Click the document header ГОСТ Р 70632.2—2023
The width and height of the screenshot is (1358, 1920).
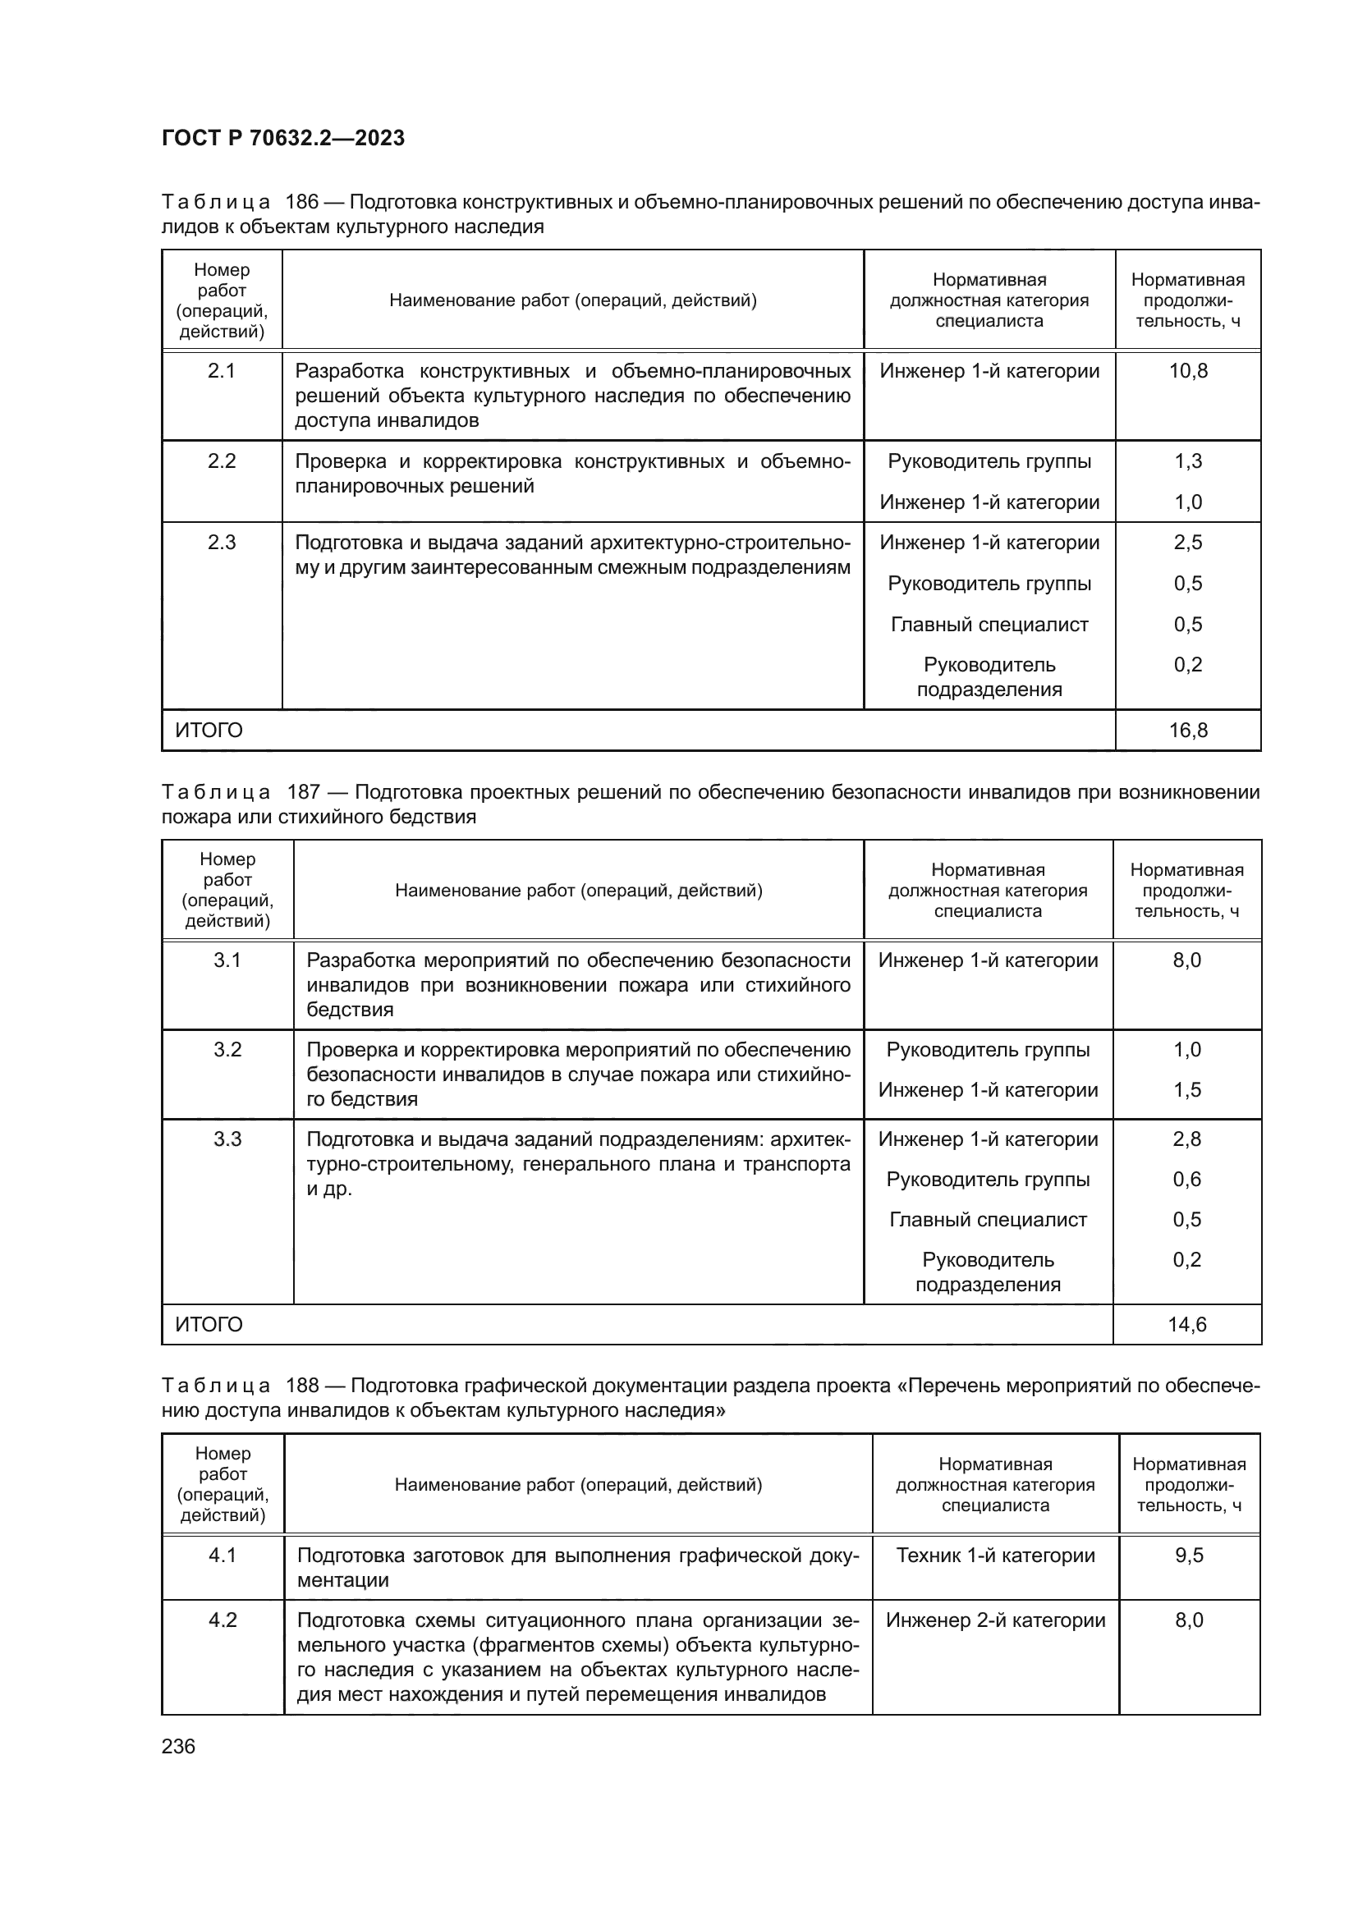pyautogui.click(x=282, y=138)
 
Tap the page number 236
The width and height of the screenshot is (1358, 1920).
pyautogui.click(x=178, y=1746)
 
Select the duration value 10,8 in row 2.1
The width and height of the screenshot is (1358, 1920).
pyautogui.click(x=1187, y=370)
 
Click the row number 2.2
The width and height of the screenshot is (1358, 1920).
pyautogui.click(x=222, y=461)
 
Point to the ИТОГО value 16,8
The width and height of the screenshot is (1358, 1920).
pyautogui.click(x=1187, y=730)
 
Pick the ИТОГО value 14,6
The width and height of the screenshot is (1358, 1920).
pyautogui.click(x=1186, y=1324)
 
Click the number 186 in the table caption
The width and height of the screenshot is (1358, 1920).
pyautogui.click(x=302, y=202)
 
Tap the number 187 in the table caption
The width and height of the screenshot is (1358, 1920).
pyautogui.click(x=304, y=791)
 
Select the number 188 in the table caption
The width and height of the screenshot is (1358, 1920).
pyautogui.click(x=302, y=1386)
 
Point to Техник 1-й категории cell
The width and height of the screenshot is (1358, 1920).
pyautogui.click(x=995, y=1555)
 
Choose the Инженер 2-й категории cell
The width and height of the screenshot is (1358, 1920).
pyautogui.click(x=995, y=1620)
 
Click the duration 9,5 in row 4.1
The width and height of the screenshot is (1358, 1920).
pyautogui.click(x=1188, y=1555)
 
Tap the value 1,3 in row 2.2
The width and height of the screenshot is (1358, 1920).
pyautogui.click(x=1187, y=461)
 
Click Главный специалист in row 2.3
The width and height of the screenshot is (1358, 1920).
pyautogui.click(x=989, y=624)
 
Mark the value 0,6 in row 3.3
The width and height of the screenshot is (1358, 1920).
pyautogui.click(x=1186, y=1179)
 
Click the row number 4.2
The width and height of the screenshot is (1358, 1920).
pyautogui.click(x=223, y=1620)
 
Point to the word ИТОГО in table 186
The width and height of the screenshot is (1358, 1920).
pyautogui.click(x=209, y=730)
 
